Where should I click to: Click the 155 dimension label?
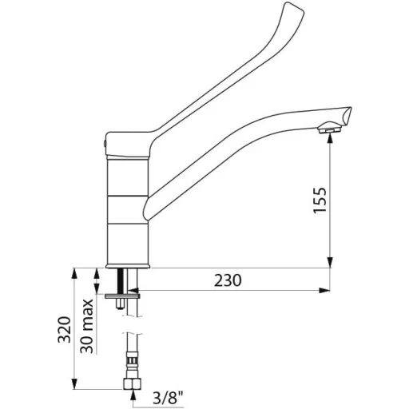point(320,201)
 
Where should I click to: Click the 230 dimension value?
point(228,280)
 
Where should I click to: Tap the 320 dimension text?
point(65,330)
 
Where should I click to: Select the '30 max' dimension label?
point(87,326)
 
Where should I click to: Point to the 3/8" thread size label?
point(169,399)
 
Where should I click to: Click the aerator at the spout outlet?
point(329,129)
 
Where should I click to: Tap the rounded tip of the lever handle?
point(294,8)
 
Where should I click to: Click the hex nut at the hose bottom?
point(133,383)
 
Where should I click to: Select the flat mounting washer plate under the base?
point(122,296)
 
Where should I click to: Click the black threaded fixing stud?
point(123,281)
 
